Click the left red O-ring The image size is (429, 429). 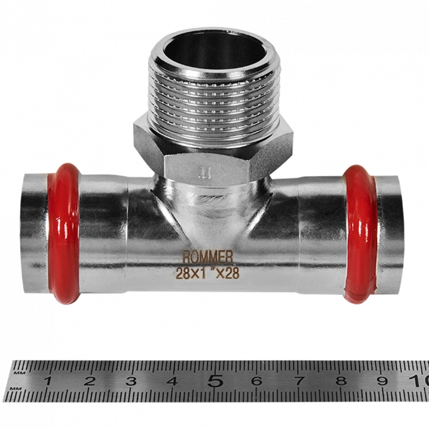pos(64,234)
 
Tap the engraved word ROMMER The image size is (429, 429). pos(208,257)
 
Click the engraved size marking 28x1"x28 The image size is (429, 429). pos(208,273)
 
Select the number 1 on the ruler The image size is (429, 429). pos(48,381)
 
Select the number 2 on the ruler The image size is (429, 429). pos(89,381)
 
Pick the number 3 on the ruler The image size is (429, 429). pos(131,381)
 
